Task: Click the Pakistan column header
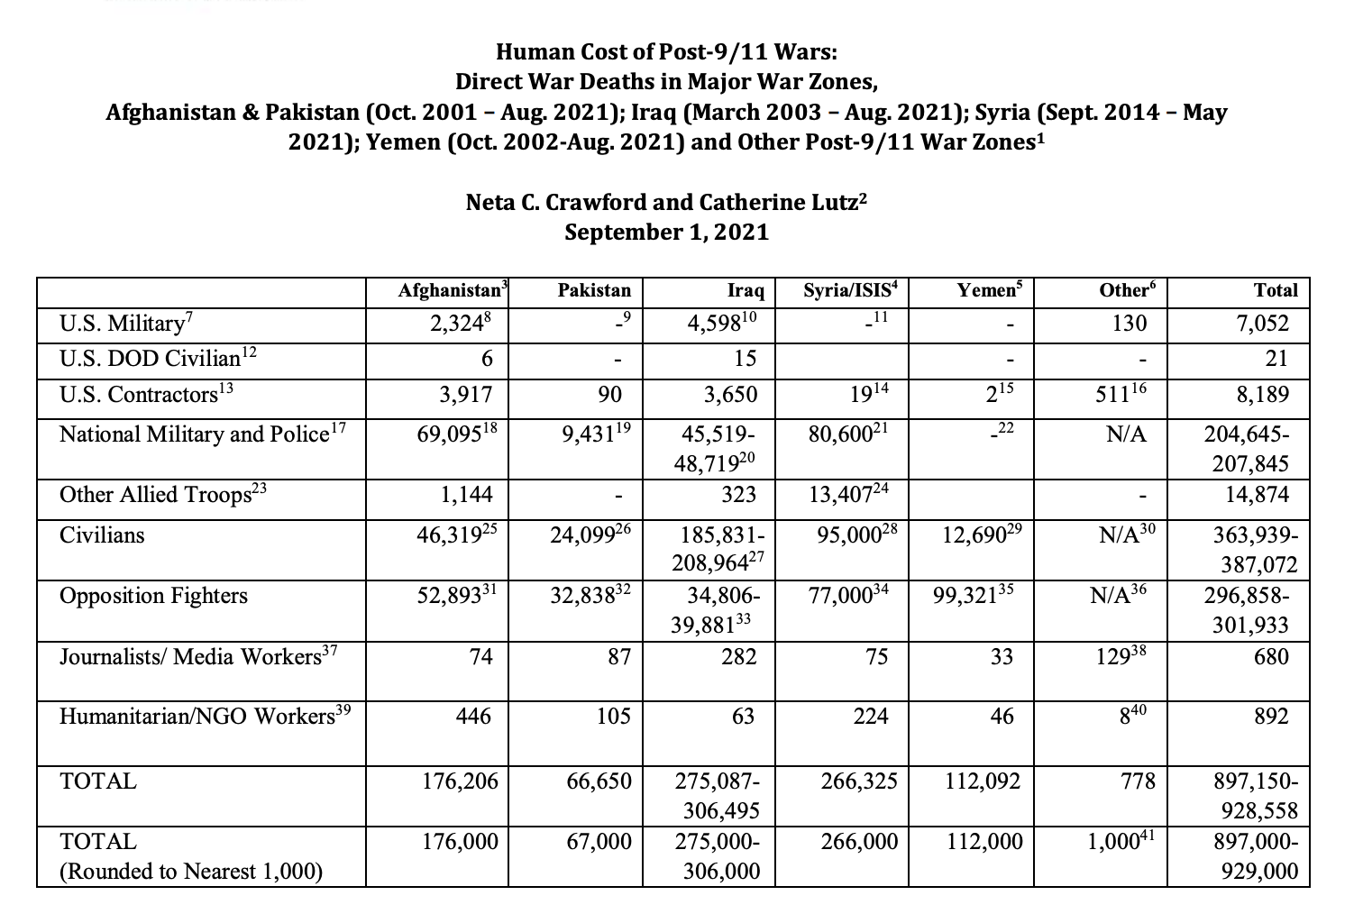click(x=594, y=290)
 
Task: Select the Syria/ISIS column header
click(x=851, y=290)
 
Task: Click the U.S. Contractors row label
click(x=138, y=395)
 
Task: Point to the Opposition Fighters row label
click(x=153, y=596)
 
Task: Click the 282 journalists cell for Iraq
click(x=738, y=656)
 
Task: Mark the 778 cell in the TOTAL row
click(x=1138, y=781)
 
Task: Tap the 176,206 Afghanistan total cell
click(x=460, y=781)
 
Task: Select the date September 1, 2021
click(x=666, y=233)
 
